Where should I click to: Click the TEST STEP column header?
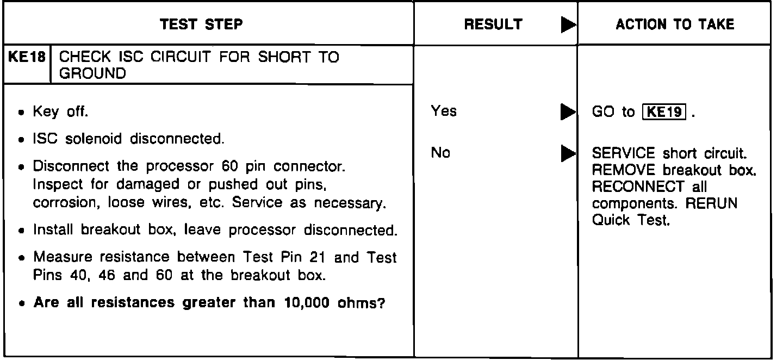coord(202,24)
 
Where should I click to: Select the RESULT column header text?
coord(494,24)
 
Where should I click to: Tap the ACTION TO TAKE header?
coord(675,24)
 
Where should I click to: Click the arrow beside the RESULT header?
coord(568,25)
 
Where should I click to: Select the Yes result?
coord(444,111)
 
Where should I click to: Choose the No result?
coord(440,153)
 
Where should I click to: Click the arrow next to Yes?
coord(568,112)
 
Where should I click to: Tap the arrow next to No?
coord(568,153)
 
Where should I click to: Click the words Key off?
coord(60,113)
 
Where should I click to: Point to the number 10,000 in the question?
coord(300,302)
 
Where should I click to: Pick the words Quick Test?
coord(631,220)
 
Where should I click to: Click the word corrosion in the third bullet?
coord(59,203)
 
